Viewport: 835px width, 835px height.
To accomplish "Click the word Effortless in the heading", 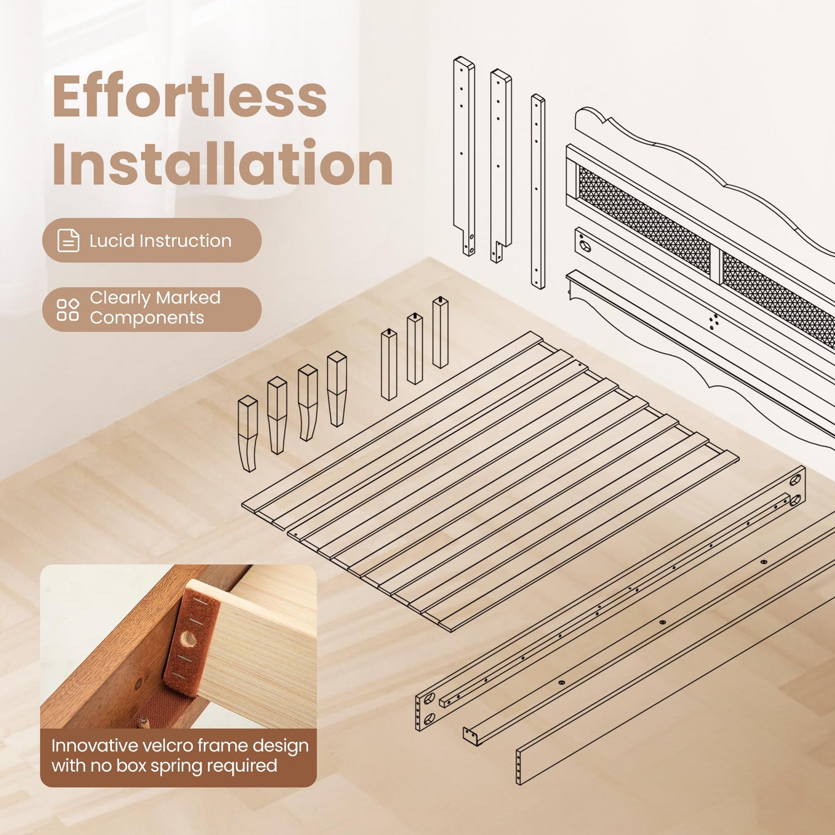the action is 189,96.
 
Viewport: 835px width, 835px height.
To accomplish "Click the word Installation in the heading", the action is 223,163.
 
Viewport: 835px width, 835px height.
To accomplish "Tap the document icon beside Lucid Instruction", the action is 68,240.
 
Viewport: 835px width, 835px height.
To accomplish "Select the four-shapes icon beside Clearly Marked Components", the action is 68,310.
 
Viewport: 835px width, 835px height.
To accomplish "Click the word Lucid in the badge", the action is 112,240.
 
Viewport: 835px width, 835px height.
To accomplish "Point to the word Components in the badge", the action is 147,318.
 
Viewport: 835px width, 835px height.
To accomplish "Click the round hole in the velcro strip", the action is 189,638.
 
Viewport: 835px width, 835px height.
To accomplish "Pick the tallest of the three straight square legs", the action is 440,332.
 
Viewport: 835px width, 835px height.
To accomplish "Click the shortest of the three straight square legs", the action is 389,365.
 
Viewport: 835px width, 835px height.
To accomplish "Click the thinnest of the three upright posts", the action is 538,191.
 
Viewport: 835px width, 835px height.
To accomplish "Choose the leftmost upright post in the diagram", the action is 464,156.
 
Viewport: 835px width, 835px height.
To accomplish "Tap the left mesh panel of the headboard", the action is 645,220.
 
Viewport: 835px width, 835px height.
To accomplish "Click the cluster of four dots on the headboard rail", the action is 714,322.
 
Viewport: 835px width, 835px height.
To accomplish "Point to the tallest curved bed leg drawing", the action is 337,389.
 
